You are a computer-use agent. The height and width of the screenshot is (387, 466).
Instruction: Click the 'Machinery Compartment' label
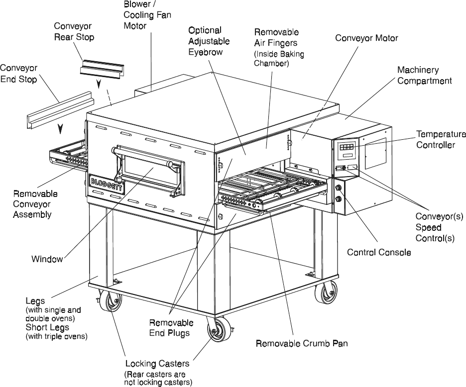[424, 75]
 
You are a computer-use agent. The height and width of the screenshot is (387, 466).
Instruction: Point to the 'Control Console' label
[379, 252]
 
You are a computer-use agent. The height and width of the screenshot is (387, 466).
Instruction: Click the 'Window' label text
[47, 259]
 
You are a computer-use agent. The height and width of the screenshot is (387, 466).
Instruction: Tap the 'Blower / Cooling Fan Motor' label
[147, 15]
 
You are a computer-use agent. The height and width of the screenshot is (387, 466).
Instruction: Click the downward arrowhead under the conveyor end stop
[61, 130]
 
